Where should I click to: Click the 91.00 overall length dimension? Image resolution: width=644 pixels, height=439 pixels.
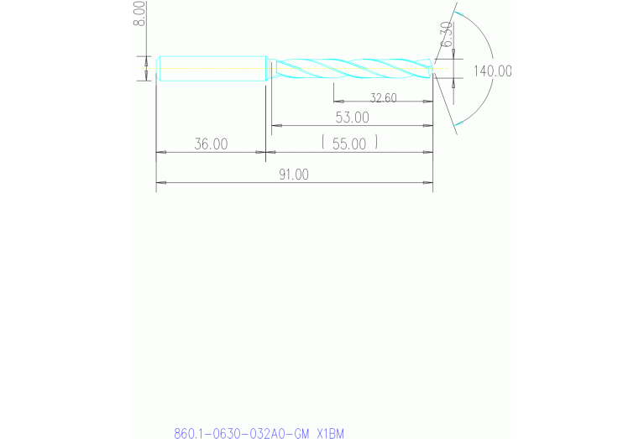click(x=294, y=175)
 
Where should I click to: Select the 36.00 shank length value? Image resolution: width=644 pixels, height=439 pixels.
click(x=211, y=144)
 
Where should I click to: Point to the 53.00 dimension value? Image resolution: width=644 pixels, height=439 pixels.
click(x=351, y=117)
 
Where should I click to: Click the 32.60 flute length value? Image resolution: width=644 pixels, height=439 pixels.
click(x=383, y=98)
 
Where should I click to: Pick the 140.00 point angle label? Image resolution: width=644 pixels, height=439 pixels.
click(x=492, y=71)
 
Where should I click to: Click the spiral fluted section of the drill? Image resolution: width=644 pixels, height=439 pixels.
click(x=353, y=67)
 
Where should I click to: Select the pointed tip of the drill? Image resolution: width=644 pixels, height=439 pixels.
click(x=431, y=67)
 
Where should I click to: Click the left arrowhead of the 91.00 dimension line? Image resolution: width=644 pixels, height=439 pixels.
click(x=160, y=182)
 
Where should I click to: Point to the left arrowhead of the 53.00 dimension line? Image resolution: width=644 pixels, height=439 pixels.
click(x=275, y=126)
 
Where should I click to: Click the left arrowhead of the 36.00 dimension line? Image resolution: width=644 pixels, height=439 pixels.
click(x=161, y=153)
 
